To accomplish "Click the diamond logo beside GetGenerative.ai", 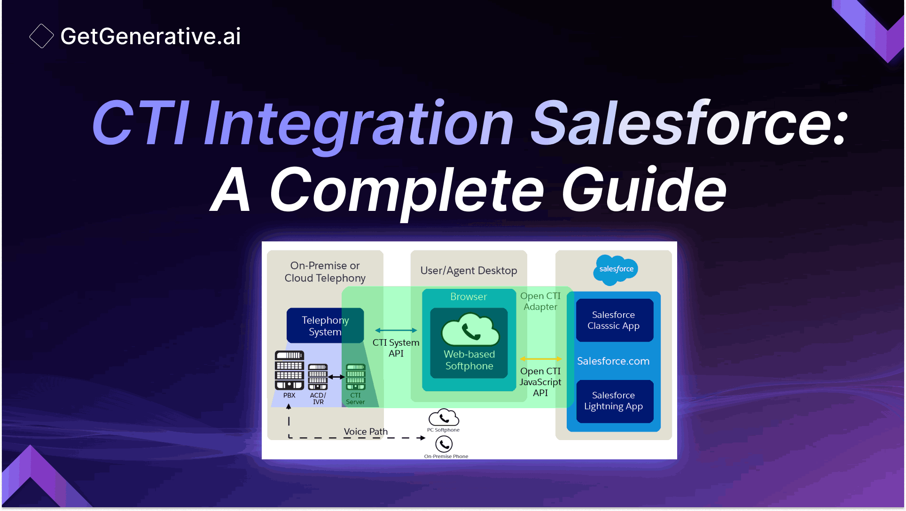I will point(41,36).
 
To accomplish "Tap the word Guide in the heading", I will point(644,191).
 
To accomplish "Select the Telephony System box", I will point(325,325).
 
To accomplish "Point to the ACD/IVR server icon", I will point(318,377).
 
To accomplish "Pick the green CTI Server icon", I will point(355,377).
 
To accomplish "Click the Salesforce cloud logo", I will point(615,270).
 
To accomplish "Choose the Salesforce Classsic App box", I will point(614,320).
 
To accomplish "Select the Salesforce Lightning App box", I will point(614,401).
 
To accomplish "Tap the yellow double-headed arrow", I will point(540,359).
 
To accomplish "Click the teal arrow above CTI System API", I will point(396,330).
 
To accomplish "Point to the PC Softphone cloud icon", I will point(444,418).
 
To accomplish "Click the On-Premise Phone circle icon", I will point(444,444).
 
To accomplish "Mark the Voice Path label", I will point(366,432).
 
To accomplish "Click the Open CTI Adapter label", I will point(540,302).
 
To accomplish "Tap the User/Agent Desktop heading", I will point(469,271).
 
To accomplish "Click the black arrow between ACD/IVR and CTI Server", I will point(336,377).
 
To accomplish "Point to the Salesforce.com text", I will point(613,361).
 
